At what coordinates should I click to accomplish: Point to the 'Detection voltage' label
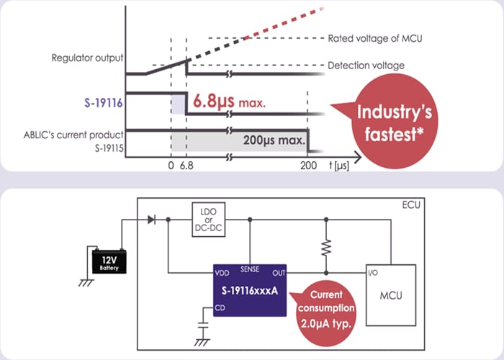coord(366,66)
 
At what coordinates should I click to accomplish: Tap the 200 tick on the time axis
coord(308,165)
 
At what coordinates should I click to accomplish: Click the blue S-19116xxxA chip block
coord(249,289)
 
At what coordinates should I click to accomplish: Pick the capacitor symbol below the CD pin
coord(202,331)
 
